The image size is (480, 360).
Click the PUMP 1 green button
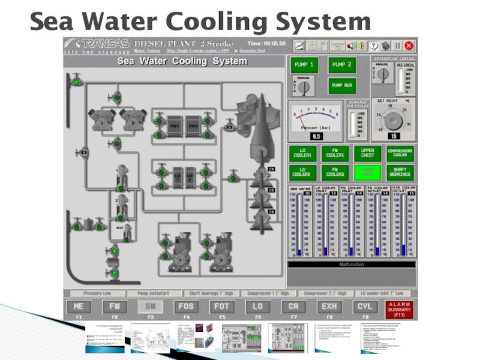[x=304, y=64]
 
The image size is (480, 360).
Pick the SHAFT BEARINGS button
[x=400, y=172]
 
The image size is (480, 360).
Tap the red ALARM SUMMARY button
[x=399, y=309]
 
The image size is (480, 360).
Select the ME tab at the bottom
[x=79, y=307]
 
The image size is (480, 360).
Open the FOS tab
[x=186, y=307]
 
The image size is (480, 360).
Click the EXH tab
[x=329, y=307]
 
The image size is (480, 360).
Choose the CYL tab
[x=365, y=307]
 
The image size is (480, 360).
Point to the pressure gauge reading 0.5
[x=316, y=136]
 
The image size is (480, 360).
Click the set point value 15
[x=394, y=136]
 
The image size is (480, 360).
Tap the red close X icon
[x=409, y=46]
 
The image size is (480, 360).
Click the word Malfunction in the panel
[x=351, y=263]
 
